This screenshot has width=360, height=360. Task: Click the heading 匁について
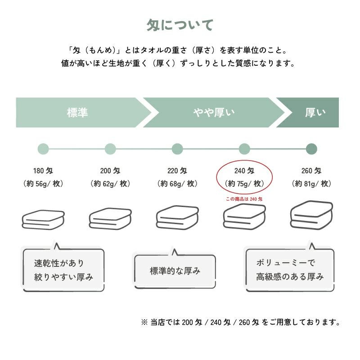[x=180, y=26]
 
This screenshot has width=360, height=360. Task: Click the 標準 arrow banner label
[x=77, y=112]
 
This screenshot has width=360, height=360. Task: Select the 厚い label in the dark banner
[x=315, y=112]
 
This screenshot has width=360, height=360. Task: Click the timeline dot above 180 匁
[x=43, y=148]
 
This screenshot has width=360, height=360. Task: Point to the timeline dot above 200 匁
[x=110, y=148]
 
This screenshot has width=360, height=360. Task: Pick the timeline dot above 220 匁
[x=177, y=148]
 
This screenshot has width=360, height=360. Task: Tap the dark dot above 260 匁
[x=311, y=148]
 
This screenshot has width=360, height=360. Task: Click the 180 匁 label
[x=43, y=171]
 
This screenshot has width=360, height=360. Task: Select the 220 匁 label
[x=177, y=171]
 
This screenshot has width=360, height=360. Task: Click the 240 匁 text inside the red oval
[x=244, y=171]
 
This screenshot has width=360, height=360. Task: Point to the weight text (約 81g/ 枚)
[x=311, y=184]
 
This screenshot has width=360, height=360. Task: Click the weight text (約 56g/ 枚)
[x=43, y=184]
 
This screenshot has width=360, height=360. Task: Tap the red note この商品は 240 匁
[x=244, y=198]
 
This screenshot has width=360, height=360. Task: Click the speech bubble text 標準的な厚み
[x=175, y=271]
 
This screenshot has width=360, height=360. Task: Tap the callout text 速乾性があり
[x=59, y=263]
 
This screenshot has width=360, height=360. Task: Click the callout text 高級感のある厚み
[x=290, y=277]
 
